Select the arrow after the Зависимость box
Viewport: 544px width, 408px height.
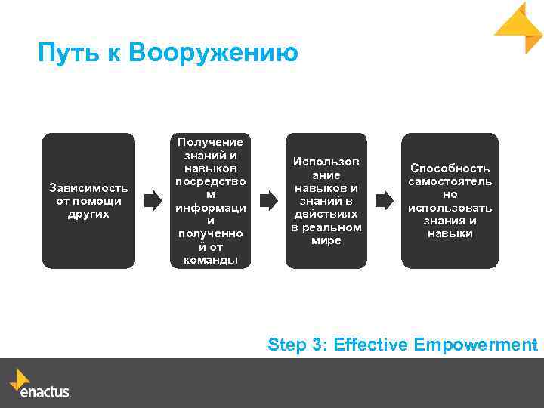coord(153,201)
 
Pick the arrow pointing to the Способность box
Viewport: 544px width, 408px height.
coord(384,201)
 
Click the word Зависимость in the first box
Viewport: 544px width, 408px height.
coord(88,187)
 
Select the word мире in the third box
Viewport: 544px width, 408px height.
coord(326,240)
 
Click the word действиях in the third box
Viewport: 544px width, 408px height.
coord(326,214)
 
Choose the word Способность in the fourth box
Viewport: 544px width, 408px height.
coord(450,168)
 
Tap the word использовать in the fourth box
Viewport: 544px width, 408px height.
coord(450,208)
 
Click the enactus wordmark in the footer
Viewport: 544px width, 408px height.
coord(45,392)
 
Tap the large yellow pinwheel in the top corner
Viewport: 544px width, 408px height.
coord(519,28)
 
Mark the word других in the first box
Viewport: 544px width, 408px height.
coord(88,214)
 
